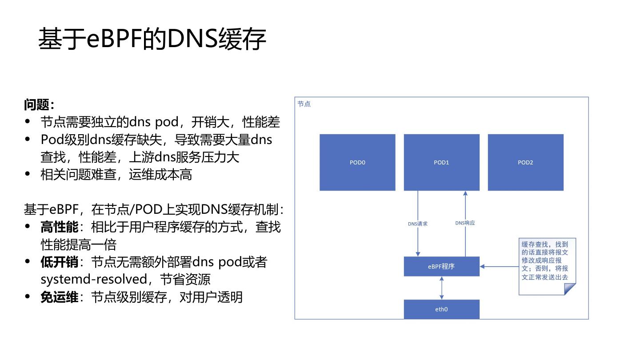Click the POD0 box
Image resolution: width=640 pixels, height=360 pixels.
pos(357,162)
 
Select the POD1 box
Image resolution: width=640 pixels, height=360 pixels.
pos(441,162)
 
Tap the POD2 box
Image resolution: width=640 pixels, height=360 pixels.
pos(525,162)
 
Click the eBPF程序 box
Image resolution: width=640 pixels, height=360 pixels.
pos(441,267)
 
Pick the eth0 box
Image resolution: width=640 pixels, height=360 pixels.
pos(441,309)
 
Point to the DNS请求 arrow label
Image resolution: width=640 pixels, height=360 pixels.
pos(418,224)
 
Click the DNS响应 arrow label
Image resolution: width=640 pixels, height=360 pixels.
pos(465,223)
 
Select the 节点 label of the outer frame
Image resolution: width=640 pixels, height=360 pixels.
pos(304,104)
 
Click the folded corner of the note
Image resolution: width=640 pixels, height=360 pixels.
pos(570,289)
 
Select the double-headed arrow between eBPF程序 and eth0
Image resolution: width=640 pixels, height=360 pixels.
pos(441,288)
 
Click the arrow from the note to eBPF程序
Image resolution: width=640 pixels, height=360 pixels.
pos(499,267)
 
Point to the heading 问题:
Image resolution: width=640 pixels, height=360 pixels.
pos(39,105)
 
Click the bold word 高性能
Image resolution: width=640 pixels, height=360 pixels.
pos(59,227)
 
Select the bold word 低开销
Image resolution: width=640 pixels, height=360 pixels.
pos(59,262)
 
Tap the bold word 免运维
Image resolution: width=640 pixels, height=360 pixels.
pos(59,297)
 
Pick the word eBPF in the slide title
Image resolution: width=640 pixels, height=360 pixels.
pos(115,39)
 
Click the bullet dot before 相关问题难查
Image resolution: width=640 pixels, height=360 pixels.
pos(28,174)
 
